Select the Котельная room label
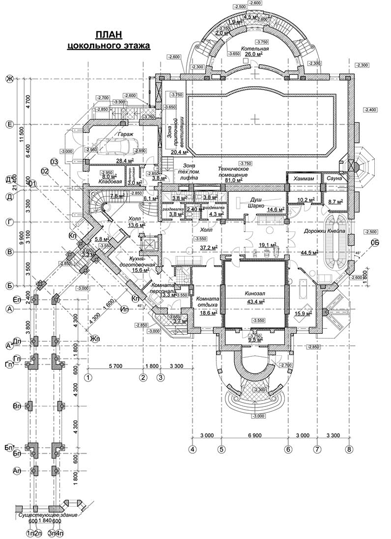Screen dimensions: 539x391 point(256,48)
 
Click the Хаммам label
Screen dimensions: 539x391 point(300,177)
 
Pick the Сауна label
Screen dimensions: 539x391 point(334,177)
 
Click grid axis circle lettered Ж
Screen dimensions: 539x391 point(9,79)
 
